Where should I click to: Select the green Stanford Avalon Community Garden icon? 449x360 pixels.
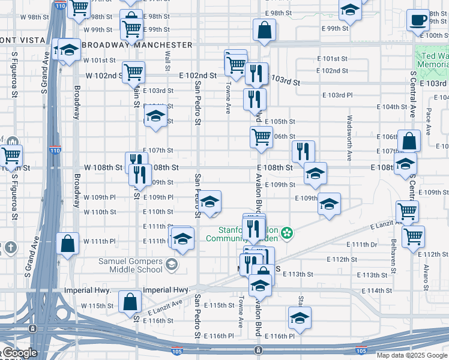(x=288, y=232)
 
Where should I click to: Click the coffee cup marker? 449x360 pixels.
(x=418, y=20)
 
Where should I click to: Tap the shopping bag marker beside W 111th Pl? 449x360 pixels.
(x=67, y=244)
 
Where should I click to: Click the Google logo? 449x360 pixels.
(x=19, y=353)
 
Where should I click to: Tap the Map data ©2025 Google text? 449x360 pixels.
(x=412, y=355)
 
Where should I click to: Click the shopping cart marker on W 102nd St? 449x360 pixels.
(x=133, y=72)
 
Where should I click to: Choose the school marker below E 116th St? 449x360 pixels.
(x=300, y=318)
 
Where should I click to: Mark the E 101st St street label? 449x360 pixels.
(x=336, y=59)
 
